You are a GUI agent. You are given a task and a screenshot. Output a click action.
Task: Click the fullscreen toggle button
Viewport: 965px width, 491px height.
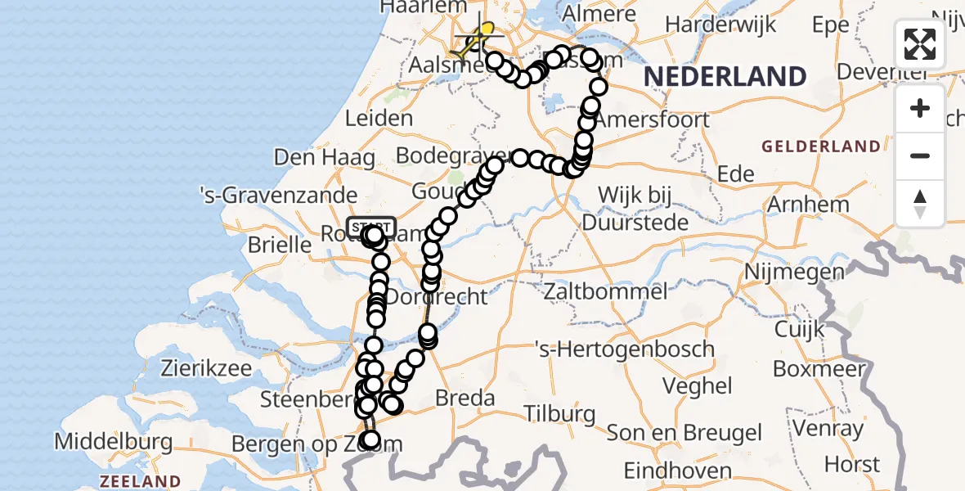920,44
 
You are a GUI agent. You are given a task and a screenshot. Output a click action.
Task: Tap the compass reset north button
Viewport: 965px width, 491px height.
920,204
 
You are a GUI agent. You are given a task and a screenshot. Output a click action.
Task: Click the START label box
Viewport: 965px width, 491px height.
371,226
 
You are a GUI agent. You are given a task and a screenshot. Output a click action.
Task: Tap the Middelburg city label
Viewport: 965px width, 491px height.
113,443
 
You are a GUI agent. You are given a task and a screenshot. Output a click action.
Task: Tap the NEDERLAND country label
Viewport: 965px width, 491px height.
725,77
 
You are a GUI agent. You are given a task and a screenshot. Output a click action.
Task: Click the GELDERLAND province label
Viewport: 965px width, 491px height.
821,147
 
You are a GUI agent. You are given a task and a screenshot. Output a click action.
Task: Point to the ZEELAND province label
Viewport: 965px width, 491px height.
140,481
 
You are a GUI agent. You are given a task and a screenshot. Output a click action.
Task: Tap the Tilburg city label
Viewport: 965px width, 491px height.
560,413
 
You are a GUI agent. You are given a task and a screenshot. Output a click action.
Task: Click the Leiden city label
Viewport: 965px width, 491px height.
379,118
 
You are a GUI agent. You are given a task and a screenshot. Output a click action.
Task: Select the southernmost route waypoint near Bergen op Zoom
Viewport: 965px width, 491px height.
370,440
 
